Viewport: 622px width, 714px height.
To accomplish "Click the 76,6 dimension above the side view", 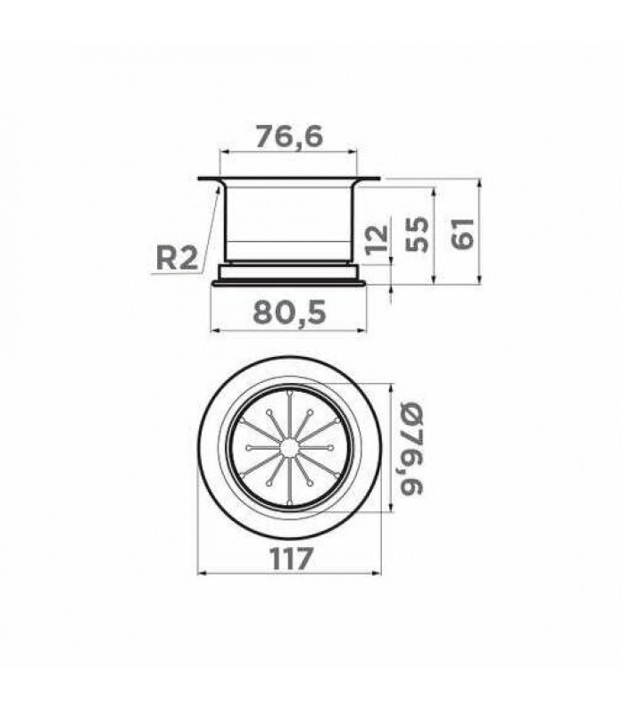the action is click(288, 137).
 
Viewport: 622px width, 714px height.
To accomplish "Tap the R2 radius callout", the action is click(177, 258).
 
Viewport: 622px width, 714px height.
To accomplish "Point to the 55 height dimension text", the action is click(417, 234).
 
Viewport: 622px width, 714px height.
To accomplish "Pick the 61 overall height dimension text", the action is click(462, 233).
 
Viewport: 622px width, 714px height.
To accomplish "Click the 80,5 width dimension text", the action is click(290, 312).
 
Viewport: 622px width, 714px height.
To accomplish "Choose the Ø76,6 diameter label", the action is click(411, 447).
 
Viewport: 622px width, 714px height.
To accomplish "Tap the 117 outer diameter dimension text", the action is click(292, 558).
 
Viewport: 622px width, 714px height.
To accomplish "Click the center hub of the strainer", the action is click(288, 448).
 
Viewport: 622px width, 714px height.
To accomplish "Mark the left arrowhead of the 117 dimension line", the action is click(201, 573).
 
